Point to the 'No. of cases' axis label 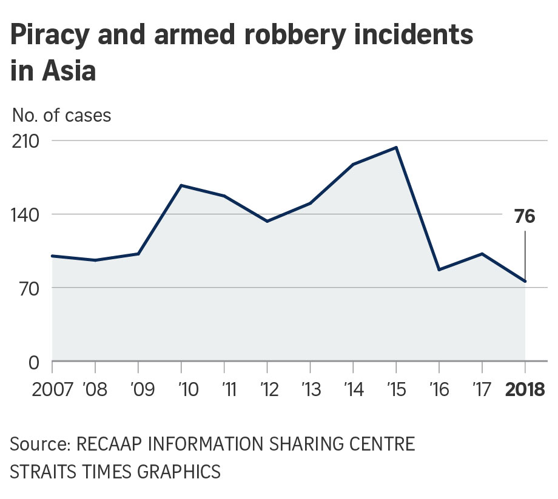pyautogui.click(x=61, y=115)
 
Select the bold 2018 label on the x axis pyautogui.click(x=525, y=389)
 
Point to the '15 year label pyautogui.click(x=396, y=389)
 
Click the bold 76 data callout pyautogui.click(x=525, y=216)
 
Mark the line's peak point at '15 pyautogui.click(x=396, y=147)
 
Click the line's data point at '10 pyautogui.click(x=181, y=185)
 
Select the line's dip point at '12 pyautogui.click(x=267, y=221)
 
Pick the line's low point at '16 pyautogui.click(x=439, y=269)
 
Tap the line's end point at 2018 pyautogui.click(x=525, y=281)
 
